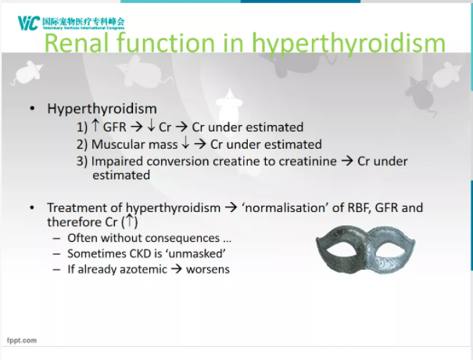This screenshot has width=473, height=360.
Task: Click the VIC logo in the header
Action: [x=29, y=23]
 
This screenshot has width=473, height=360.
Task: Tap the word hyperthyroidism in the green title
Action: [x=349, y=45]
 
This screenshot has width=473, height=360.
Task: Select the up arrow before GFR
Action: [x=95, y=125]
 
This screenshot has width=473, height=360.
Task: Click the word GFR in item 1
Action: [x=115, y=127]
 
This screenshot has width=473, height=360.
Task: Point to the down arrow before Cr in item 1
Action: [x=151, y=126]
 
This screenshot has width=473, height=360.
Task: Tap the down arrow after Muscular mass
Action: [x=185, y=143]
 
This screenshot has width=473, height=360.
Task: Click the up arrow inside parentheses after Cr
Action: [x=129, y=220]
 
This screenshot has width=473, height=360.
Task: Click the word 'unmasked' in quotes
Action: [x=197, y=254]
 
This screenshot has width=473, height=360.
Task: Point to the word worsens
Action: [x=208, y=269]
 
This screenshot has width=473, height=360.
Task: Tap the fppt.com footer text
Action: [x=22, y=340]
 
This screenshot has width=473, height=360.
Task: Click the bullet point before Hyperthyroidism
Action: [x=32, y=109]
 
